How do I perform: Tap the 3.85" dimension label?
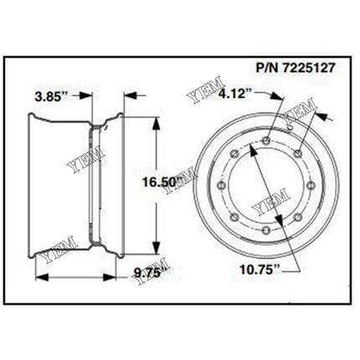[52, 96]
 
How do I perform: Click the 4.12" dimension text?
[236, 95]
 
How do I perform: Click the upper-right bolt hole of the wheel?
[297, 151]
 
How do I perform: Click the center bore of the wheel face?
[265, 186]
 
